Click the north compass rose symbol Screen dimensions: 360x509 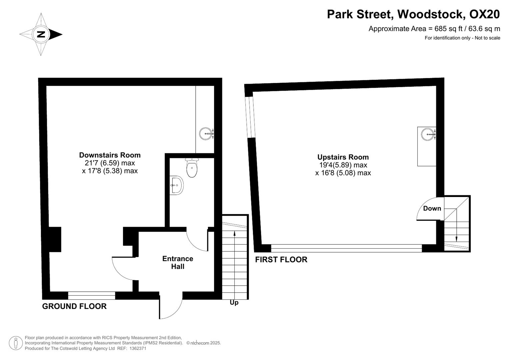[41, 34]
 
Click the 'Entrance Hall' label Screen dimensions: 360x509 [178, 263]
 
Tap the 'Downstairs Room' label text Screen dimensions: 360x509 [110, 155]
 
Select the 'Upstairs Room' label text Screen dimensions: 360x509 [343, 157]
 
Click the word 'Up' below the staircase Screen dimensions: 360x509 [234, 303]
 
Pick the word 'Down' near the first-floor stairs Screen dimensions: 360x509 [432, 208]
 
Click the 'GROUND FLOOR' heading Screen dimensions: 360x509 [74, 306]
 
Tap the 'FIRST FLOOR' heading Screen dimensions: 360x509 [281, 260]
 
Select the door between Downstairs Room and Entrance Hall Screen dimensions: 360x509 [123, 268]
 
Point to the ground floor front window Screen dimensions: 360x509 [91, 295]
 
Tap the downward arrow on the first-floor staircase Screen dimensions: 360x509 [456, 238]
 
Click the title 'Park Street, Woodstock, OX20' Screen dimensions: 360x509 [413, 14]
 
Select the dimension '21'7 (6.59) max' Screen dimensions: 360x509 [110, 163]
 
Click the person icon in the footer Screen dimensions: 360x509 [16, 343]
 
